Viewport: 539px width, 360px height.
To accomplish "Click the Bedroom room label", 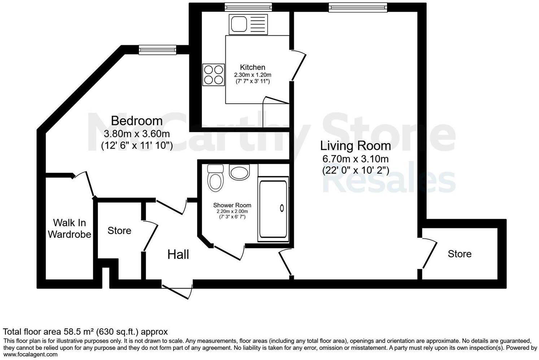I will (x=136, y=121).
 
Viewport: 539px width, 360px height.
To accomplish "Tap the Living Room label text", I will (x=355, y=146).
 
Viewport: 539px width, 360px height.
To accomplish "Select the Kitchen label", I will (x=252, y=67).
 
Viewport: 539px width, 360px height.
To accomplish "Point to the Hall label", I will (x=178, y=255).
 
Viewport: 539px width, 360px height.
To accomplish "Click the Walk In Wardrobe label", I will (x=69, y=229).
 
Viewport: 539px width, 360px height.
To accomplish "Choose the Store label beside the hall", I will (x=119, y=231).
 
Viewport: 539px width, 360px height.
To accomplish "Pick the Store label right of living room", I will (x=459, y=254).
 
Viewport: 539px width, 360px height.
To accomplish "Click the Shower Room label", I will (x=232, y=205).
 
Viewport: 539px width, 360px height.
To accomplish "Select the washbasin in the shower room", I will (x=239, y=172).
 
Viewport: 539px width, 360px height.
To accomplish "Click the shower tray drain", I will (x=282, y=208).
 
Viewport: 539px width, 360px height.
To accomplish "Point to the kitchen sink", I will (x=239, y=24).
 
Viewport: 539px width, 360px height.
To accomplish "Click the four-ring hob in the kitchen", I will (x=213, y=74).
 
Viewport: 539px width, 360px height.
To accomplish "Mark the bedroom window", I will (x=157, y=49).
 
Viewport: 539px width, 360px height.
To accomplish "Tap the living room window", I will (x=357, y=7).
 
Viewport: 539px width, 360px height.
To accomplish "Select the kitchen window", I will (x=248, y=7).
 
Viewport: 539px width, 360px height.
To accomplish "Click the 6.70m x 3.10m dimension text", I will (x=355, y=159).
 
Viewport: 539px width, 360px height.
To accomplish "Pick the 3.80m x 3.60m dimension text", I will (x=136, y=134).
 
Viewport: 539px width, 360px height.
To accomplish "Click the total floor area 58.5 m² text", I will (x=85, y=331).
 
